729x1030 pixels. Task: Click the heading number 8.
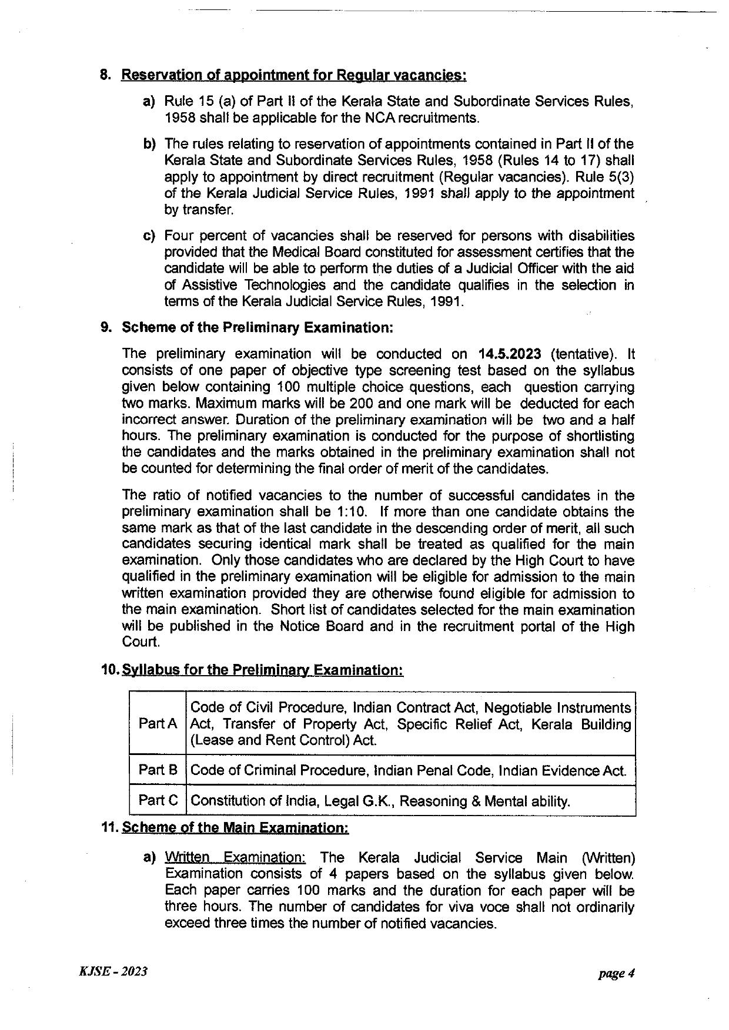coord(105,75)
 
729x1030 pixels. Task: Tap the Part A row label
coord(158,724)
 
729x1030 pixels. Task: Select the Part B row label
coord(158,770)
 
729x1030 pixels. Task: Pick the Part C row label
coord(158,800)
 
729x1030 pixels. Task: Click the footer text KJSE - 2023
coord(112,972)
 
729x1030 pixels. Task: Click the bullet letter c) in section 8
coord(149,236)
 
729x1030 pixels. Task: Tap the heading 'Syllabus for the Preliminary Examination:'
coord(262,670)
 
